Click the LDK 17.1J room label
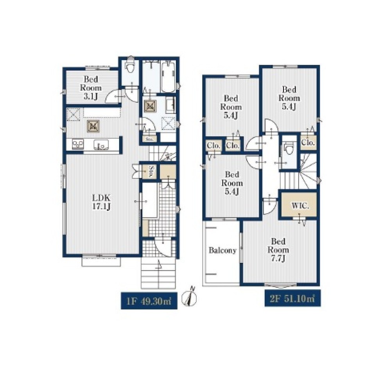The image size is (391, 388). pyautogui.click(x=101, y=202)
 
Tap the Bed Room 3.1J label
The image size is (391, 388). pyautogui.click(x=91, y=88)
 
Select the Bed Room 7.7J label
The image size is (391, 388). pyautogui.click(x=278, y=250)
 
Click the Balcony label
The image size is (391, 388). pyautogui.click(x=222, y=250)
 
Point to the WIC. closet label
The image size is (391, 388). pyautogui.click(x=300, y=206)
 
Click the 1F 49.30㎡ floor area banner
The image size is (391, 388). pyautogui.click(x=149, y=301)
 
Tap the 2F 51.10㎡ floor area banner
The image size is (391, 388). pyautogui.click(x=292, y=298)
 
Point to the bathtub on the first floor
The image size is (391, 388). pyautogui.click(x=168, y=77)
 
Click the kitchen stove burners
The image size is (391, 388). pyautogui.click(x=78, y=145)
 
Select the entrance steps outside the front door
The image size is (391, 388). pyautogui.click(x=159, y=273)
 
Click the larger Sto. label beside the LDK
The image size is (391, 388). pyautogui.click(x=151, y=172)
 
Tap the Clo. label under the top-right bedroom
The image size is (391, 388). pyautogui.click(x=308, y=143)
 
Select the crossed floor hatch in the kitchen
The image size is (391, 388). pyautogui.click(x=93, y=126)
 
